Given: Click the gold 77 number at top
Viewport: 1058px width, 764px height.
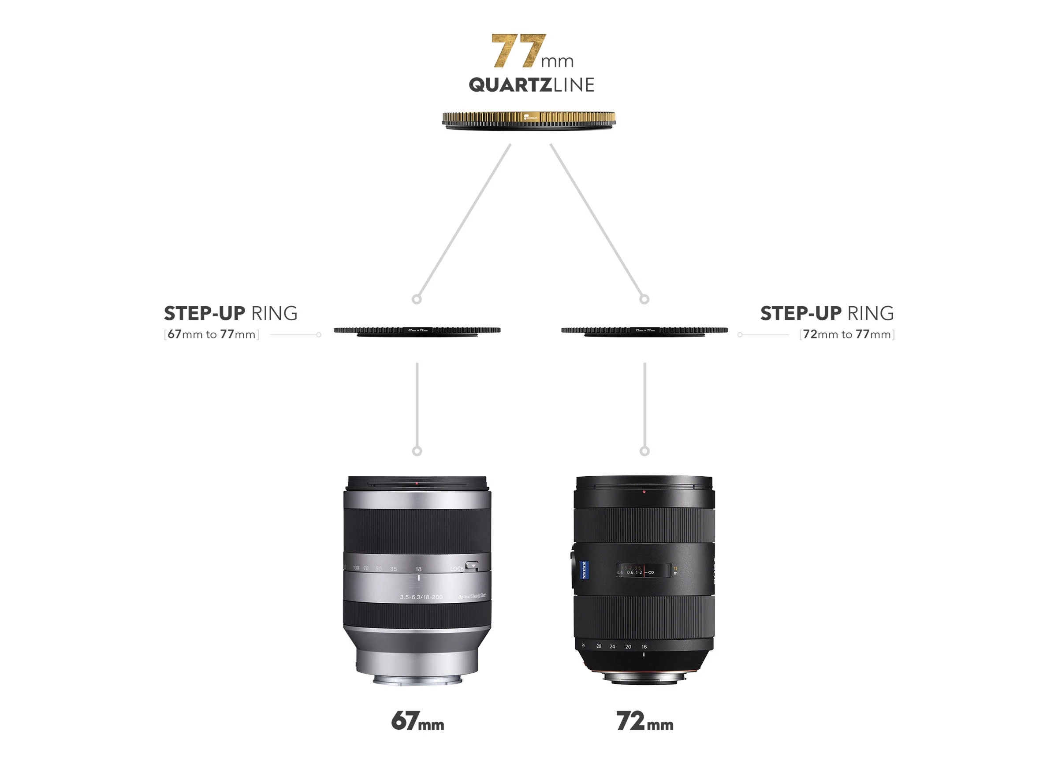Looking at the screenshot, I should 518,51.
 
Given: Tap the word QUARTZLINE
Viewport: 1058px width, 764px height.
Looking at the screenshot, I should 531,85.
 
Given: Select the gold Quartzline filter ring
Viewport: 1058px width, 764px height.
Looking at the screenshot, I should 529,119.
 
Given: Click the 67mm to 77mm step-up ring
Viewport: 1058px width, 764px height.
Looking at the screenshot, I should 417,331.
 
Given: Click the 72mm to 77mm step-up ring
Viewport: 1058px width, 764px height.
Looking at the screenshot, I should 644,331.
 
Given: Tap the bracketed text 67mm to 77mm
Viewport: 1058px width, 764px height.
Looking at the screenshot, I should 211,335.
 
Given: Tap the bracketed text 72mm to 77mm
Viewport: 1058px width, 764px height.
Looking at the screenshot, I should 847,335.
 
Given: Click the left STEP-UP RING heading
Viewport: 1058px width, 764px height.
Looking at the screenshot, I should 231,314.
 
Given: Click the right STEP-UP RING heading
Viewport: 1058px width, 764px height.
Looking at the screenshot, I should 827,314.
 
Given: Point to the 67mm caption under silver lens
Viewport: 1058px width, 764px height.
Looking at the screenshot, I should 417,722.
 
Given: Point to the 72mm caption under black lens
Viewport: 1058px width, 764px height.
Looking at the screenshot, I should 644,722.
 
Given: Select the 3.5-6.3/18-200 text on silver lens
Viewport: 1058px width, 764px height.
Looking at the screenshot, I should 421,597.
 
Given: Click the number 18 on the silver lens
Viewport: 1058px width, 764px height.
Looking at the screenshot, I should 418,569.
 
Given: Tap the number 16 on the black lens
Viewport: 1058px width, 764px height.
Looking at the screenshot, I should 644,647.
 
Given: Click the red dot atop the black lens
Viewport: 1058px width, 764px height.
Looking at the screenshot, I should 644,491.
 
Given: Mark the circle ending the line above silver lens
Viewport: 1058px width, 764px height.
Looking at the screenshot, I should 417,451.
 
